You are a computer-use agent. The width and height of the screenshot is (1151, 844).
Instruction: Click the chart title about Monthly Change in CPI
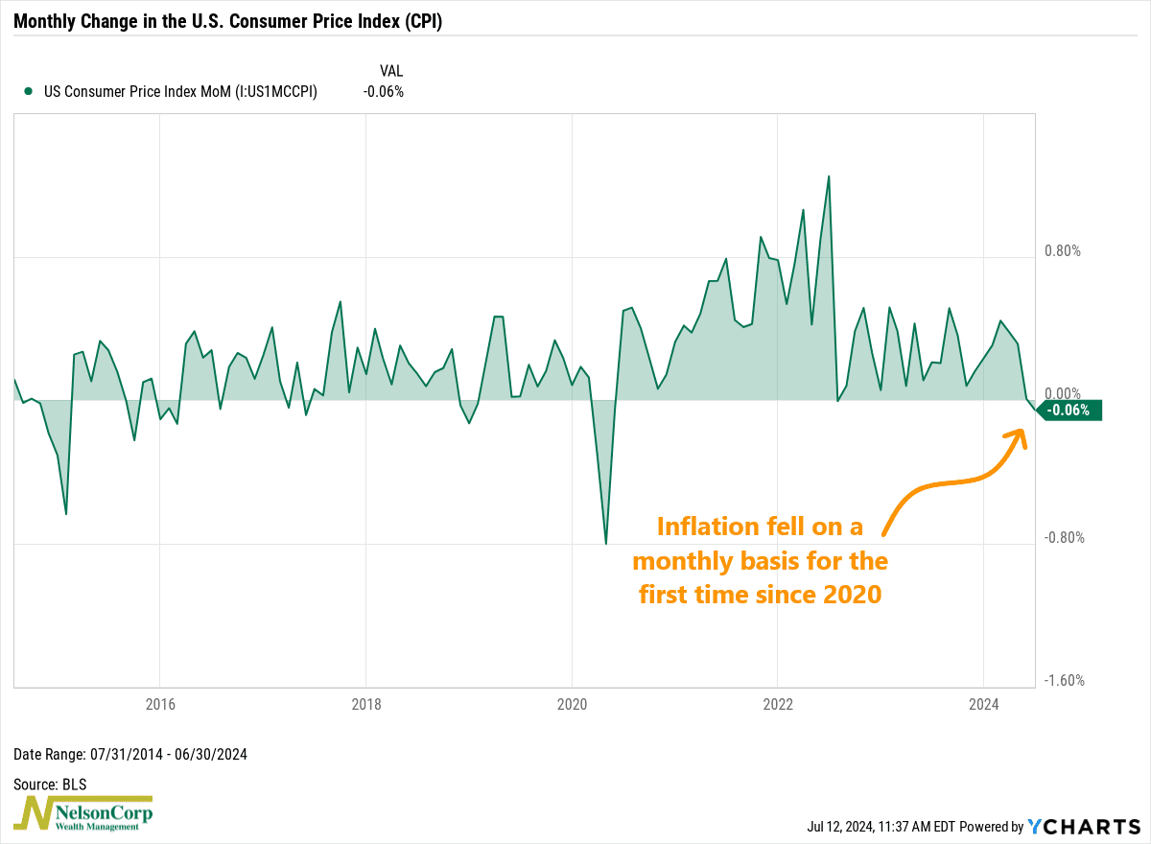(227, 19)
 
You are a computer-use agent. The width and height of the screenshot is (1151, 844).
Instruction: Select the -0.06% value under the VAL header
(383, 92)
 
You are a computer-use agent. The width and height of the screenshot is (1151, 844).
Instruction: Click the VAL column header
(392, 71)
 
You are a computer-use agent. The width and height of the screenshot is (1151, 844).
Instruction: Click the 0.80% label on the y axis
(1063, 251)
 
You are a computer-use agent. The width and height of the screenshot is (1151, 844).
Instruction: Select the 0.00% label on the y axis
(1063, 394)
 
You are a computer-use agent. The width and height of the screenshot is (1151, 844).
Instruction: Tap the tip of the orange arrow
(1019, 431)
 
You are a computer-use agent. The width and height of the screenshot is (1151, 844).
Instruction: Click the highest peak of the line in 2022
(829, 176)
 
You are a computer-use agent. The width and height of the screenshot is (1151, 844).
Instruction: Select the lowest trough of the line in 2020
(606, 544)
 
